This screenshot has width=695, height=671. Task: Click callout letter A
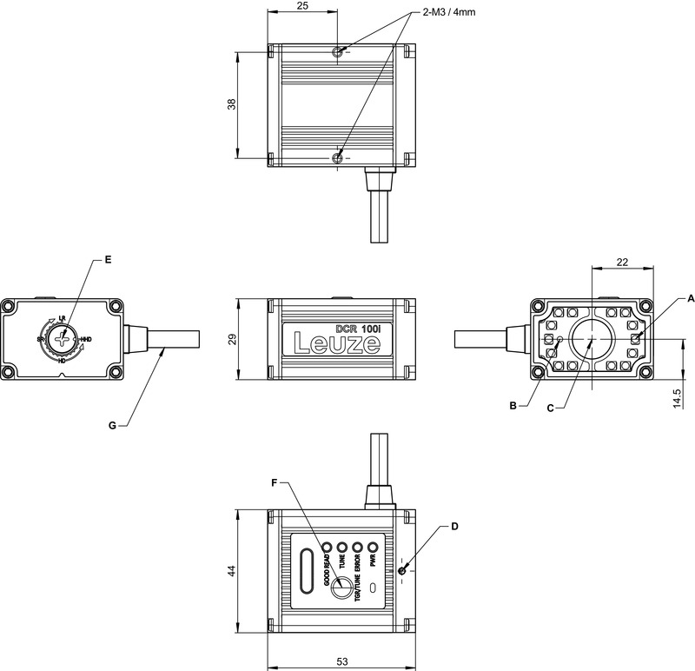click(x=667, y=297)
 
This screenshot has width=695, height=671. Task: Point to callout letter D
click(x=454, y=527)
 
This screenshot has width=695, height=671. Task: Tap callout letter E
click(x=108, y=259)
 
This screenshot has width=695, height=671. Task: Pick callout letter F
click(x=275, y=481)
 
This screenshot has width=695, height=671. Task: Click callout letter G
click(x=111, y=425)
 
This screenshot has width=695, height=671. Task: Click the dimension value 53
click(x=341, y=661)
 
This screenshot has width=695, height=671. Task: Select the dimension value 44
click(x=231, y=570)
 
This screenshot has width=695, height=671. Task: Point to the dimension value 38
click(x=231, y=104)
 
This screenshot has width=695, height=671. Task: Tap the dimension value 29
click(x=231, y=339)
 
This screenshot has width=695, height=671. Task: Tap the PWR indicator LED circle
click(x=373, y=548)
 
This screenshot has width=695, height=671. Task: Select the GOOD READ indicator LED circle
click(x=328, y=548)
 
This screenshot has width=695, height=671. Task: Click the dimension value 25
click(x=302, y=6)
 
